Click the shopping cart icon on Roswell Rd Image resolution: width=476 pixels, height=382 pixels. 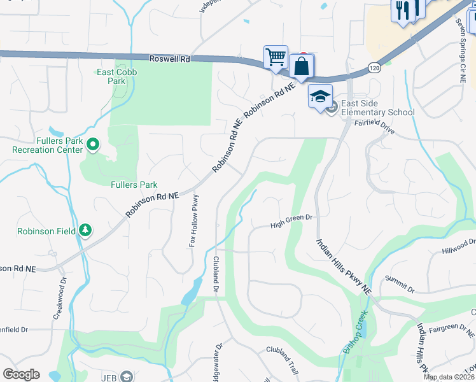pyautogui.click(x=276, y=57)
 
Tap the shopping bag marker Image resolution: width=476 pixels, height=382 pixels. pyautogui.click(x=300, y=66)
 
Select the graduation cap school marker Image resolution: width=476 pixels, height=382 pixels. pyautogui.click(x=321, y=96)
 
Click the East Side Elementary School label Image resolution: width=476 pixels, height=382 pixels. pyautogui.click(x=377, y=108)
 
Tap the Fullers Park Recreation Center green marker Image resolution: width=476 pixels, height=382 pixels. pyautogui.click(x=93, y=145)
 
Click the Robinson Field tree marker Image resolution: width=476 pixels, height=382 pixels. pyautogui.click(x=85, y=230)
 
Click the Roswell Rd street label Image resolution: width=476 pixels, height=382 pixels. pyautogui.click(x=169, y=59)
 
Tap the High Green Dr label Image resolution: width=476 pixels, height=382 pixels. pyautogui.click(x=292, y=222)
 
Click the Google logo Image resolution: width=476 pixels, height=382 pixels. pyautogui.click(x=21, y=374)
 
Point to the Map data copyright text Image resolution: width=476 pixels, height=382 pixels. pyautogui.click(x=449, y=377)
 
